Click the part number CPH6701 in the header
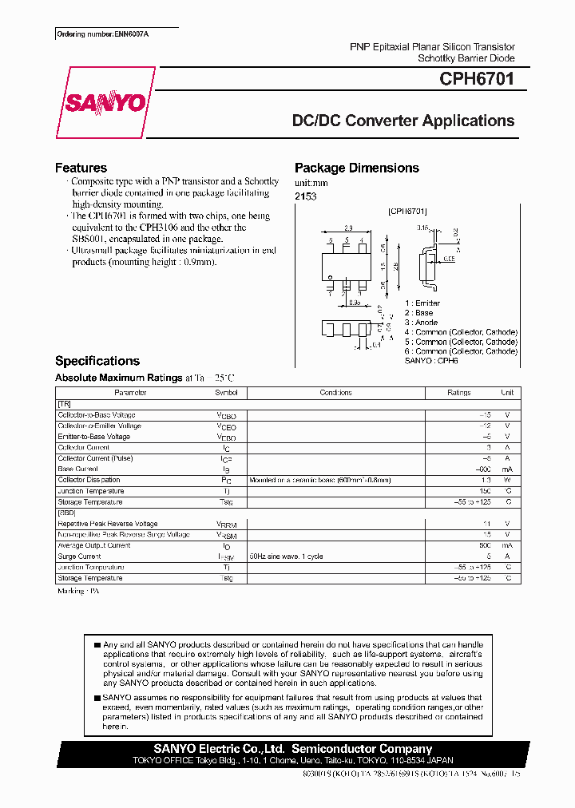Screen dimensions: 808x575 (x=476, y=79)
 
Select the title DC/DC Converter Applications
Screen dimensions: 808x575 (x=402, y=121)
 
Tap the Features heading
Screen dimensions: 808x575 (x=81, y=168)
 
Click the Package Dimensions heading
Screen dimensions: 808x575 (x=356, y=168)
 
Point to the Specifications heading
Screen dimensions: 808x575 (x=97, y=361)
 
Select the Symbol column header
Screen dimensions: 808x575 (x=226, y=393)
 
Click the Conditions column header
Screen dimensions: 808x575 (x=335, y=393)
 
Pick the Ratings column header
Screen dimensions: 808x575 (x=458, y=393)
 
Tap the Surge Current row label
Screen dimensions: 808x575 (x=79, y=556)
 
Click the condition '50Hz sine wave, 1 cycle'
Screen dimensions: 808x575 (x=286, y=556)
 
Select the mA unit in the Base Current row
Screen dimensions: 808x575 (x=507, y=469)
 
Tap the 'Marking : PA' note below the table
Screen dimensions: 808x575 (x=78, y=592)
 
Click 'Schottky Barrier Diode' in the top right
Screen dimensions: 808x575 (x=466, y=58)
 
